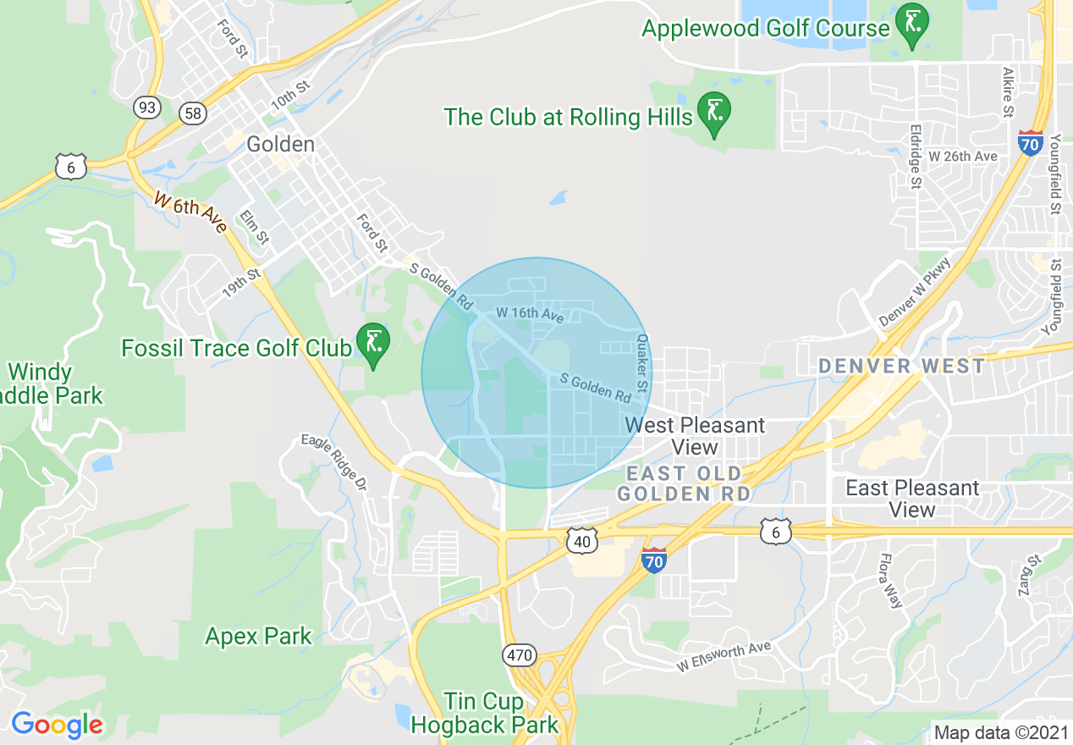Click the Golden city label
tap(280, 145)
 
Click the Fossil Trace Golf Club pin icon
tap(372, 344)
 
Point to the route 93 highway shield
tap(146, 107)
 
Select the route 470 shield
tap(519, 654)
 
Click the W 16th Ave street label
tap(529, 313)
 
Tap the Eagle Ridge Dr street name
tap(335, 462)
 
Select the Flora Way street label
tap(890, 581)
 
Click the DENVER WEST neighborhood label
tap(901, 367)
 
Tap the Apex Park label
tap(258, 637)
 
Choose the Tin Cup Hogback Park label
tap(485, 713)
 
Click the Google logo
tap(57, 725)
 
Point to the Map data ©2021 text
tap(999, 731)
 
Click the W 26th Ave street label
tap(963, 157)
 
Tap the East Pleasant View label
tap(912, 499)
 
